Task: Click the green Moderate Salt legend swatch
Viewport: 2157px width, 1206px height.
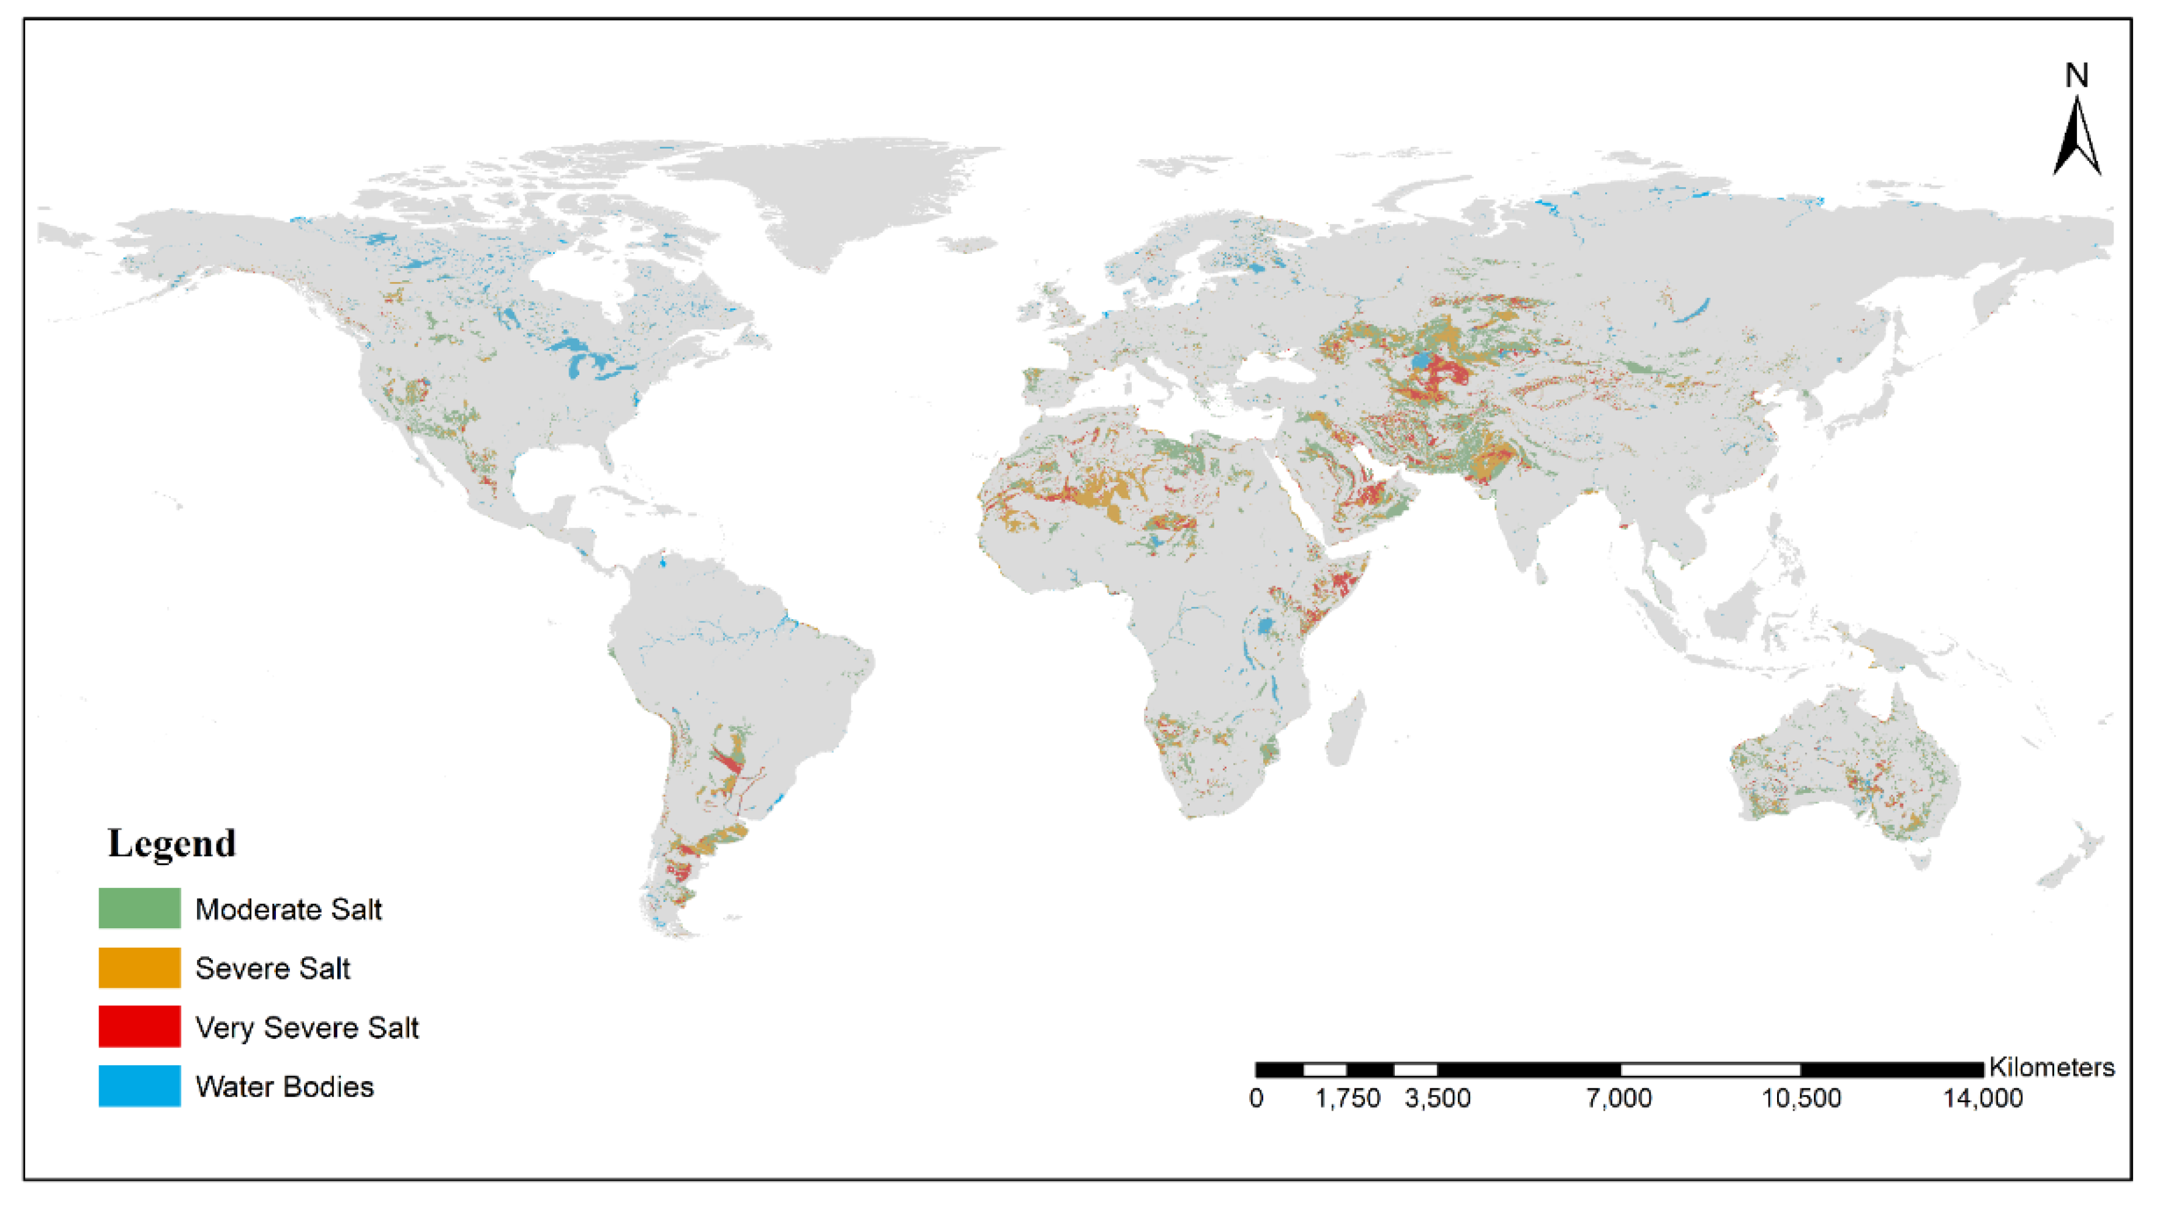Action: (x=139, y=908)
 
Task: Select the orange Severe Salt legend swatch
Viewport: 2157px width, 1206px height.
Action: (x=139, y=967)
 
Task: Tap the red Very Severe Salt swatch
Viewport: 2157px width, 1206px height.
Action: (x=139, y=1026)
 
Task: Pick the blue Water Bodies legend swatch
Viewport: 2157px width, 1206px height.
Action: (x=139, y=1085)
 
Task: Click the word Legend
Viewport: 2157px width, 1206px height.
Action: (x=172, y=843)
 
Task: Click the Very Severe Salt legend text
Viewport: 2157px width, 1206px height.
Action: (x=306, y=1027)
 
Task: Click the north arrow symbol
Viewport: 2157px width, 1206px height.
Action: (x=2077, y=138)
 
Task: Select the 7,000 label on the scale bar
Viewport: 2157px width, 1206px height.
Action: (x=1619, y=1098)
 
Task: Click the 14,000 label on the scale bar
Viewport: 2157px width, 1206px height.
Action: (x=1982, y=1098)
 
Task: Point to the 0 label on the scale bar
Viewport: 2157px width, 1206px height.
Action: (x=1256, y=1098)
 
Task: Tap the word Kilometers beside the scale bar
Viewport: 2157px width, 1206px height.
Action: (x=2052, y=1067)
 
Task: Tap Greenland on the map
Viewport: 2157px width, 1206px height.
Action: (x=829, y=193)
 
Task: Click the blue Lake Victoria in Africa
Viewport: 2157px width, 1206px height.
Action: (x=1265, y=625)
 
